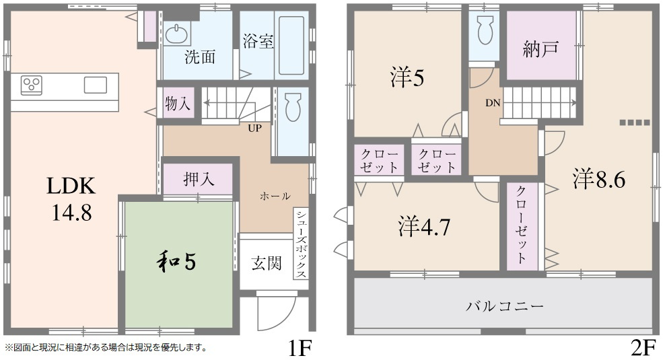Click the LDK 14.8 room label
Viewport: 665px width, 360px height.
69,199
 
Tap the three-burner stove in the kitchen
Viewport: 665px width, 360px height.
31,84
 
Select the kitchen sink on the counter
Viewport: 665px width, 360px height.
95,85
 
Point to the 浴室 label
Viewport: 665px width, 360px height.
258,42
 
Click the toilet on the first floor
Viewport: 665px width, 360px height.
292,108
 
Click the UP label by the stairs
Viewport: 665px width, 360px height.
254,128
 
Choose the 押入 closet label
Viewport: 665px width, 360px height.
199,179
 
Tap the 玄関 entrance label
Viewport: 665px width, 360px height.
267,263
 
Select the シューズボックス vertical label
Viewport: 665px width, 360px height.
300,243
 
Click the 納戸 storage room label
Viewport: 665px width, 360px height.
540,49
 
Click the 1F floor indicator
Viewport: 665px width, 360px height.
299,349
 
